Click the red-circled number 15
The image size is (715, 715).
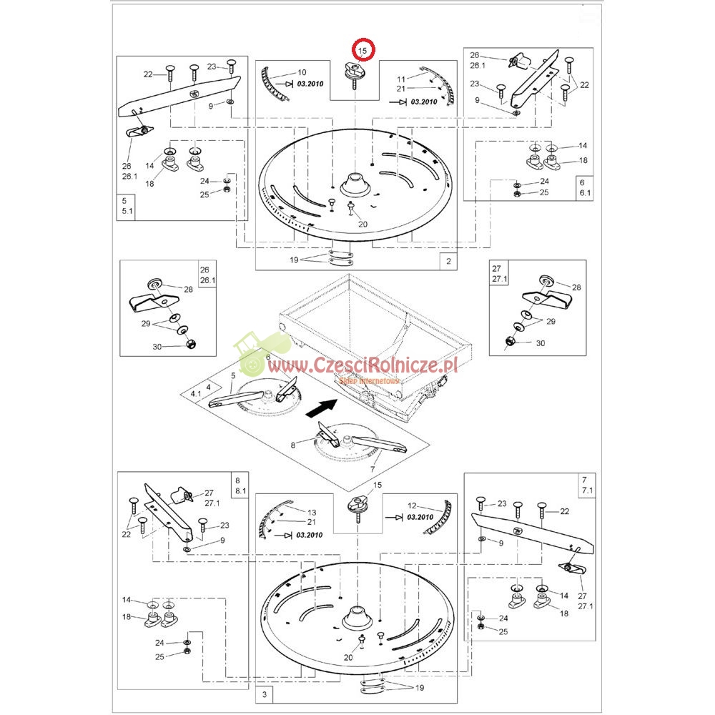[363, 51]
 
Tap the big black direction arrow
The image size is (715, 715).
[322, 407]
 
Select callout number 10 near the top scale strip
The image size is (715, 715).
[302, 72]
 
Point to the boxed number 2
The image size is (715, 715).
[448, 261]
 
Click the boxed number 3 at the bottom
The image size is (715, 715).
[265, 694]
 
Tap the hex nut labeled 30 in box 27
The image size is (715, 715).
[511, 340]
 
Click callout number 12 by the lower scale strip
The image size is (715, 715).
[412, 506]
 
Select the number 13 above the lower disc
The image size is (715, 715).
[312, 512]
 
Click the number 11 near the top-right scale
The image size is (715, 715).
[401, 79]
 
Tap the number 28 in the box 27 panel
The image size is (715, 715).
[576, 287]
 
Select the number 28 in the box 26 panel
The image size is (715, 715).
[188, 289]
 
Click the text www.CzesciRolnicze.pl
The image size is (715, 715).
[363, 365]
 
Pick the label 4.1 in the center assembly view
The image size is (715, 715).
[196, 393]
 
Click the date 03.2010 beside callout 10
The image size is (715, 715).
[310, 84]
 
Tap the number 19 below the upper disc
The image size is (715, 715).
[294, 260]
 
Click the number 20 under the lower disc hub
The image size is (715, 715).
[348, 657]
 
